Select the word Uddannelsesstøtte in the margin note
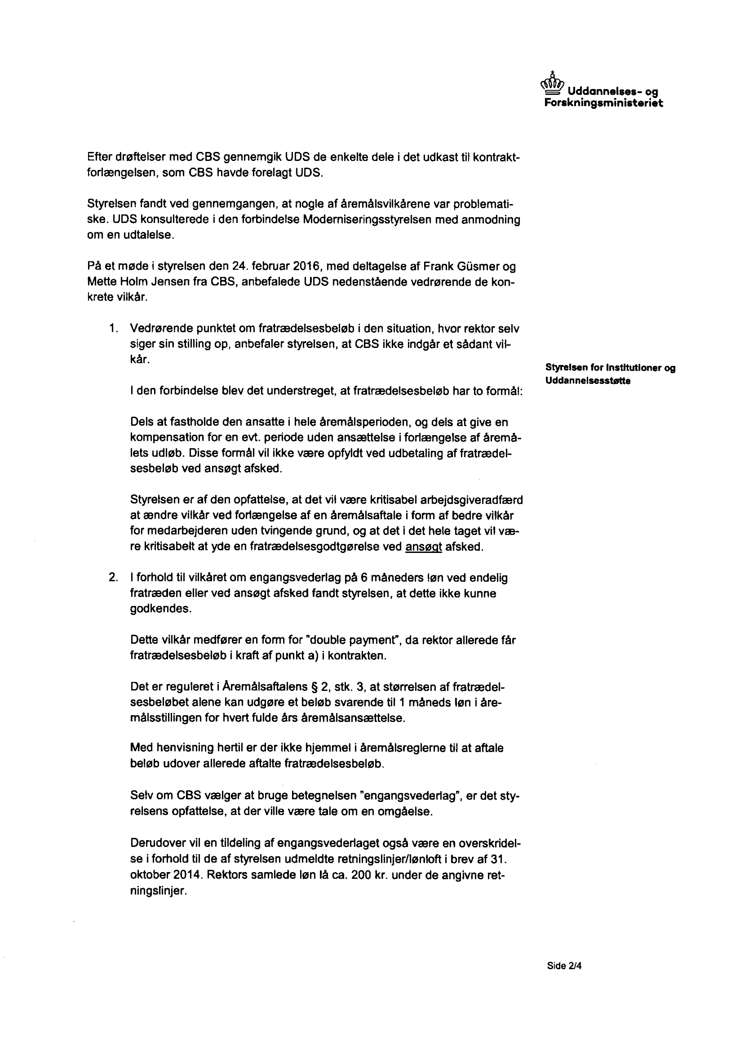(x=588, y=381)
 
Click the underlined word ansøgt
(x=424, y=547)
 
